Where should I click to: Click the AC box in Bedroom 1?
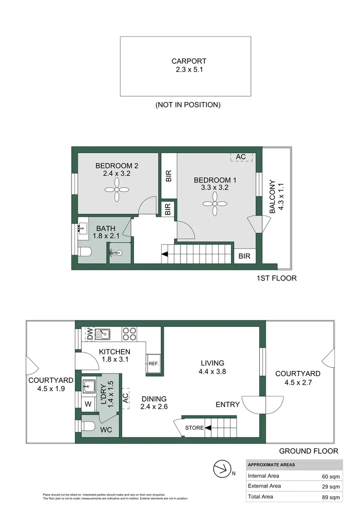241,157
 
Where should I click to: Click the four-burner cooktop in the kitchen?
130,333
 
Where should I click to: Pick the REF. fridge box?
154,364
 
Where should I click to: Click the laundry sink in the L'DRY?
88,385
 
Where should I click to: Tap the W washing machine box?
88,404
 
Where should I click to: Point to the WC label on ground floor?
106,429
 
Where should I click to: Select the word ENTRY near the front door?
228,404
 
